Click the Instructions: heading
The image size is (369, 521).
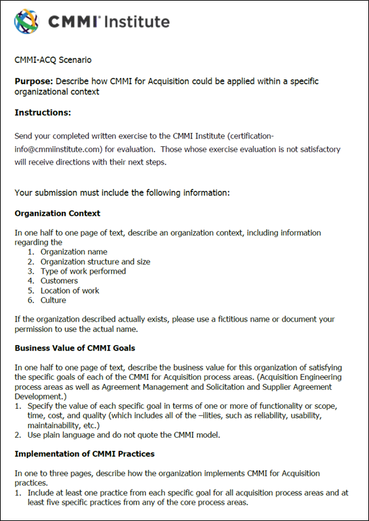[43, 113]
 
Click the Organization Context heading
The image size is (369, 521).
[58, 213]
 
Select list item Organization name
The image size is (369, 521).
[73, 251]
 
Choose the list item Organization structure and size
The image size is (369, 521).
[95, 261]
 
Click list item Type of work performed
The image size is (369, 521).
[83, 271]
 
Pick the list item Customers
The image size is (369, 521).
[59, 281]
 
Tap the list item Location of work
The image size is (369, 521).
[70, 291]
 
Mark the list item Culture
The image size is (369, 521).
[53, 301]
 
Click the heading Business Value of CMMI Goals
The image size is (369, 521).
[75, 348]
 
